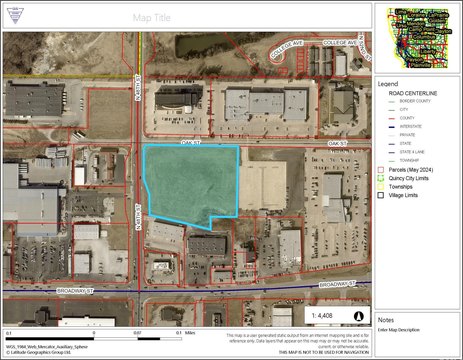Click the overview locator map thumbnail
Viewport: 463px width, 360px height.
tap(418, 37)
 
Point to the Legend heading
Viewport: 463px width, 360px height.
tap(387, 84)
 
